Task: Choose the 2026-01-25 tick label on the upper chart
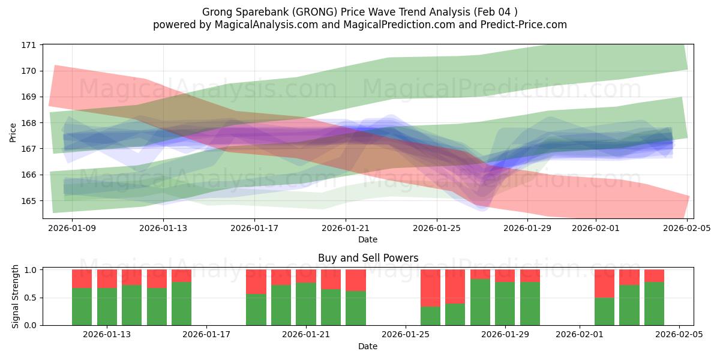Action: click(x=436, y=228)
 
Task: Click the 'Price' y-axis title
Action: click(x=13, y=131)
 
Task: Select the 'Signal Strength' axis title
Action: click(x=16, y=297)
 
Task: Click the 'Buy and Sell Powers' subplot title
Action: click(x=368, y=258)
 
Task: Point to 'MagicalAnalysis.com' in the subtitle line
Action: click(x=265, y=25)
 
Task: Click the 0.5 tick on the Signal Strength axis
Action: click(x=32, y=298)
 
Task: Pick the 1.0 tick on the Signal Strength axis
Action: click(x=32, y=270)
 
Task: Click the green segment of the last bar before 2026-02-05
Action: click(x=654, y=304)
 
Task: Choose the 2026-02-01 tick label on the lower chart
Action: click(x=580, y=334)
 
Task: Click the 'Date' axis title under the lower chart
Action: click(x=368, y=346)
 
